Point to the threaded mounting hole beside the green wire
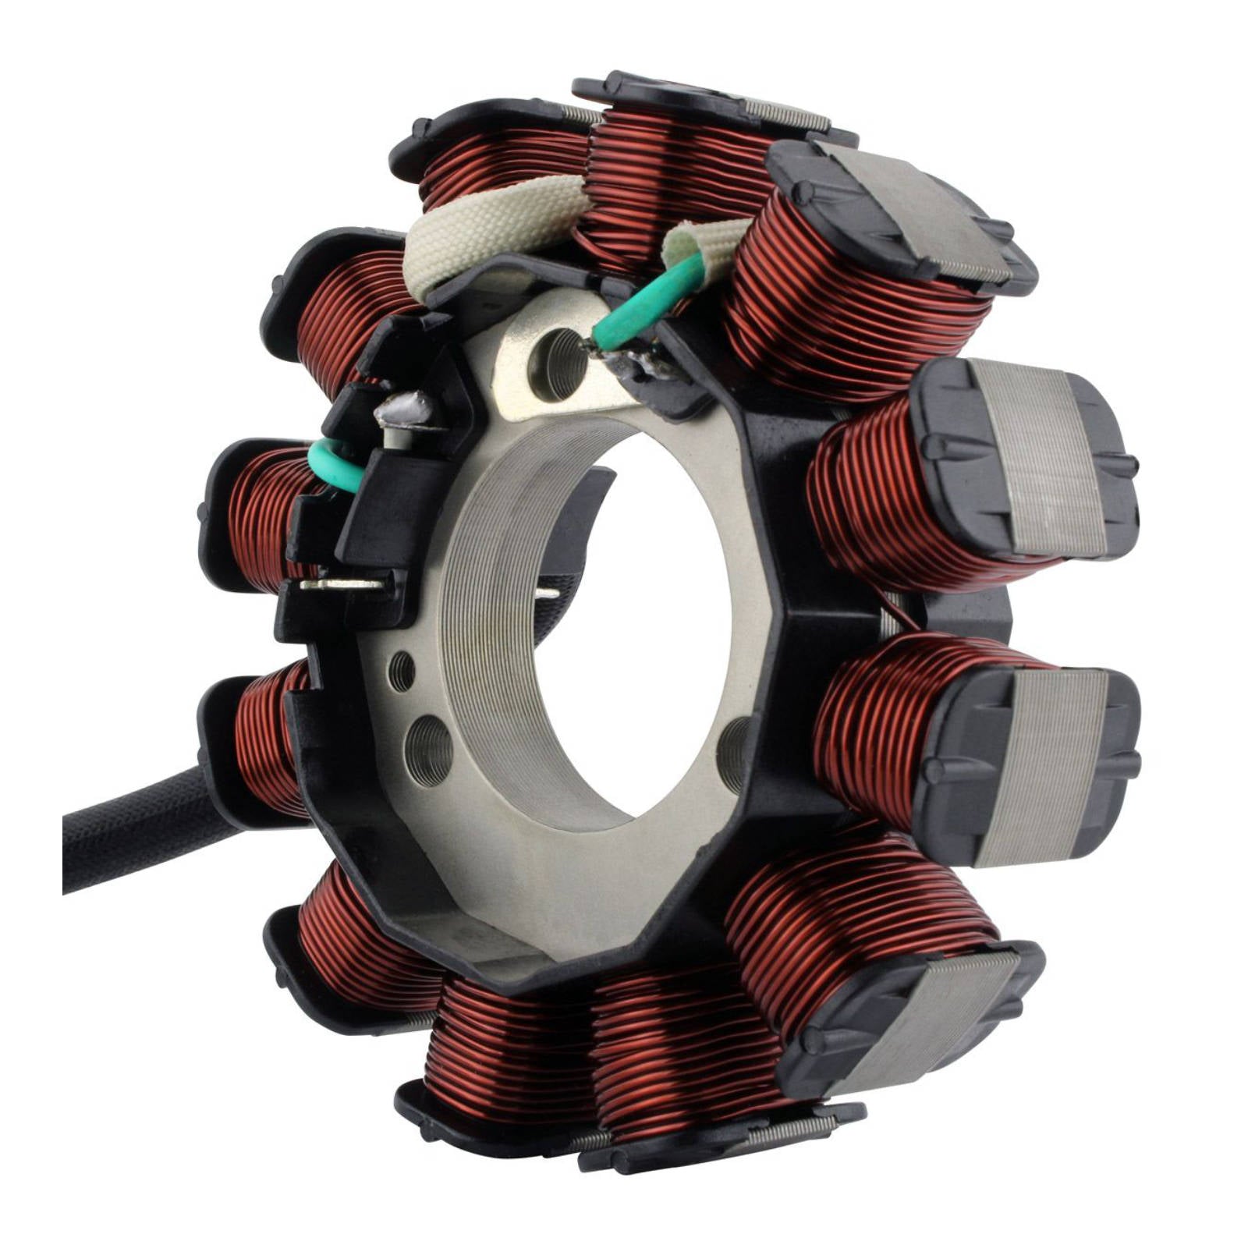pos(557,362)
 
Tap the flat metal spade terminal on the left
pos(343,583)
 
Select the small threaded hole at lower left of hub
pos(401,671)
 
